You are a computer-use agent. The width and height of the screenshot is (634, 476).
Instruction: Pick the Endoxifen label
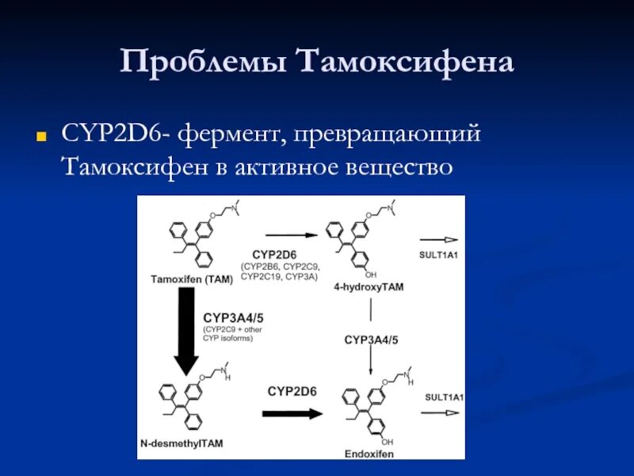(369, 454)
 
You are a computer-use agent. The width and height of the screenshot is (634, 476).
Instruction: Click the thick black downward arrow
(186, 329)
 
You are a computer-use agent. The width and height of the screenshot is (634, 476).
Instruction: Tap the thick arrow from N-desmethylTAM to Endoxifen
(292, 413)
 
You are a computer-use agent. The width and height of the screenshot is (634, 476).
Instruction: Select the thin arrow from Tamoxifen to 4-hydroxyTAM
(292, 235)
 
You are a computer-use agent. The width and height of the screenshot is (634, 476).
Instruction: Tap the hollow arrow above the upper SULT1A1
(439, 240)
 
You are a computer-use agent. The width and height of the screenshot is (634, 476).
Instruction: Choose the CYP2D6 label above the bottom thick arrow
(292, 391)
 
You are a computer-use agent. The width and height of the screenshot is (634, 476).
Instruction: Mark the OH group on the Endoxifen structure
(387, 441)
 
